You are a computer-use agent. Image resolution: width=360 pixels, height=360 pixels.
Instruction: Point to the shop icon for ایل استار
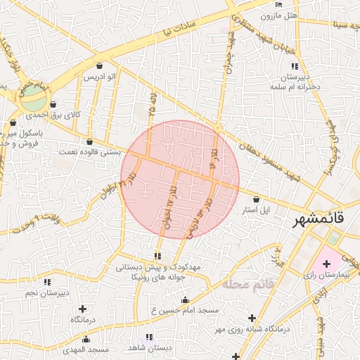[255, 199]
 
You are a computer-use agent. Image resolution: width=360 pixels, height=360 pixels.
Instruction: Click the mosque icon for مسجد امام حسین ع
[186, 300]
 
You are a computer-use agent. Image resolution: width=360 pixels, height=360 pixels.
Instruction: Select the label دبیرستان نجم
[46, 292]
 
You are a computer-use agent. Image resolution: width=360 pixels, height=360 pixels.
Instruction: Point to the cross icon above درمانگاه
[84, 309]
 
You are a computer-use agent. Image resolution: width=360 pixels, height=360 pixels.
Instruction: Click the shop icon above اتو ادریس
[99, 66]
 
